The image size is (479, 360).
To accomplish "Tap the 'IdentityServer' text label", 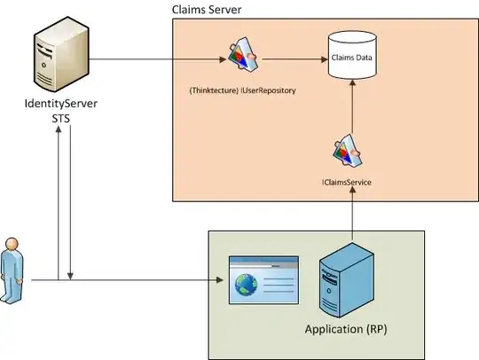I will click(x=60, y=106).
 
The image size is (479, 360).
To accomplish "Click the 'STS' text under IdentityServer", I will click(x=60, y=120).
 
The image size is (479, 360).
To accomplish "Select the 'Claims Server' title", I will click(x=207, y=9).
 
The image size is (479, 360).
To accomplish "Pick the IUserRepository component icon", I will click(x=242, y=59).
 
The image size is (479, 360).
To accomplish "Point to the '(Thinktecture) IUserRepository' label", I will click(x=242, y=90).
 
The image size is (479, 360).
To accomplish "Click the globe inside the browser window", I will click(x=246, y=286).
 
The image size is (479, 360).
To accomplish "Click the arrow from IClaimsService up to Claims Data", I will click(x=352, y=106).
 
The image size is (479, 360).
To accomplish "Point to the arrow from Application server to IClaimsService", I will click(x=352, y=213).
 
